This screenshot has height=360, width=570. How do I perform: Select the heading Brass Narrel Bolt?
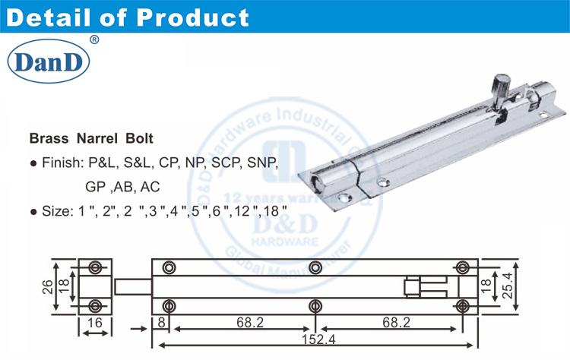tap(91, 140)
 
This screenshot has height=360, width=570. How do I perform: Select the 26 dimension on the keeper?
tap(47, 286)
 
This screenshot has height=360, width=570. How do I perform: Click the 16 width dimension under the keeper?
tap(94, 323)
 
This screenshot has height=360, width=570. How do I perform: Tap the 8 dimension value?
tap(162, 323)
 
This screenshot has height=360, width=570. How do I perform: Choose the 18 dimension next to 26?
tap(64, 286)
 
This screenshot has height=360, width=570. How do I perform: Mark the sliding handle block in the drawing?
tap(426, 286)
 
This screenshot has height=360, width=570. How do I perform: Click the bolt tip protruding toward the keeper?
tap(131, 286)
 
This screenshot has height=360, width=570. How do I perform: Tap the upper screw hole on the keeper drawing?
tap(95, 267)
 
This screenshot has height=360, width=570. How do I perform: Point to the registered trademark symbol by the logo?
tap(93, 39)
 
